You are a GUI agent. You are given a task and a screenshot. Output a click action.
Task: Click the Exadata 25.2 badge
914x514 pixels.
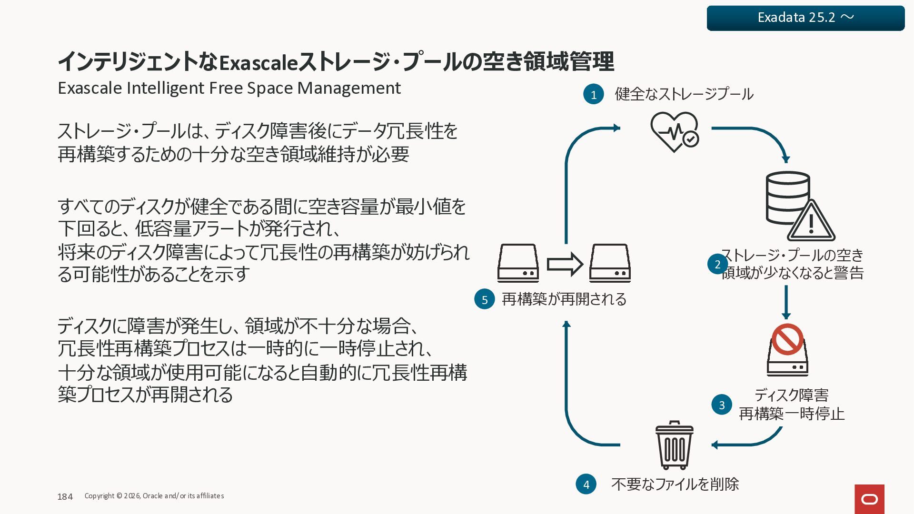click(805, 18)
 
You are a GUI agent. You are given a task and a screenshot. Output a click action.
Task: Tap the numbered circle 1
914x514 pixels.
click(593, 94)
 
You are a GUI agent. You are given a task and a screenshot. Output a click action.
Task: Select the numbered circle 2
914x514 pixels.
click(717, 264)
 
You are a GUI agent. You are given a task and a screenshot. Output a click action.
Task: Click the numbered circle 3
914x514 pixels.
click(722, 405)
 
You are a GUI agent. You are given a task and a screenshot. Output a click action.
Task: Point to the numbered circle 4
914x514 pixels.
click(586, 484)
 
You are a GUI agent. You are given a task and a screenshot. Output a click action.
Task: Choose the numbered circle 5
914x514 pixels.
click(485, 299)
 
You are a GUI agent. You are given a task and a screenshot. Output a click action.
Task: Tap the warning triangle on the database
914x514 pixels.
click(811, 222)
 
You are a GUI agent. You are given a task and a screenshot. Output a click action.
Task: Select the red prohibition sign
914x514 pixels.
click(787, 339)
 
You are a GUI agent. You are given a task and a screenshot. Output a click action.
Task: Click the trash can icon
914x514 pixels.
click(674, 445)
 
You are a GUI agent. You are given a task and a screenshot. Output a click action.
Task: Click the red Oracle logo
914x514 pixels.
click(869, 499)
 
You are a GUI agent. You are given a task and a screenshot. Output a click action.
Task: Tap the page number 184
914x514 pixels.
click(65, 496)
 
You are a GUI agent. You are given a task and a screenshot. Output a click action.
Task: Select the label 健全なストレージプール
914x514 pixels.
click(684, 94)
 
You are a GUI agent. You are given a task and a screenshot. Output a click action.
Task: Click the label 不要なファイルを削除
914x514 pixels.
click(675, 484)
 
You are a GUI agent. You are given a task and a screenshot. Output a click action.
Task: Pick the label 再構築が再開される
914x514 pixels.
click(564, 299)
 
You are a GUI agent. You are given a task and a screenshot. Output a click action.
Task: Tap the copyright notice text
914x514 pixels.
click(154, 496)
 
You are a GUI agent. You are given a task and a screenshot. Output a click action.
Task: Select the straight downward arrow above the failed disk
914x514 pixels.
click(786, 302)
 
